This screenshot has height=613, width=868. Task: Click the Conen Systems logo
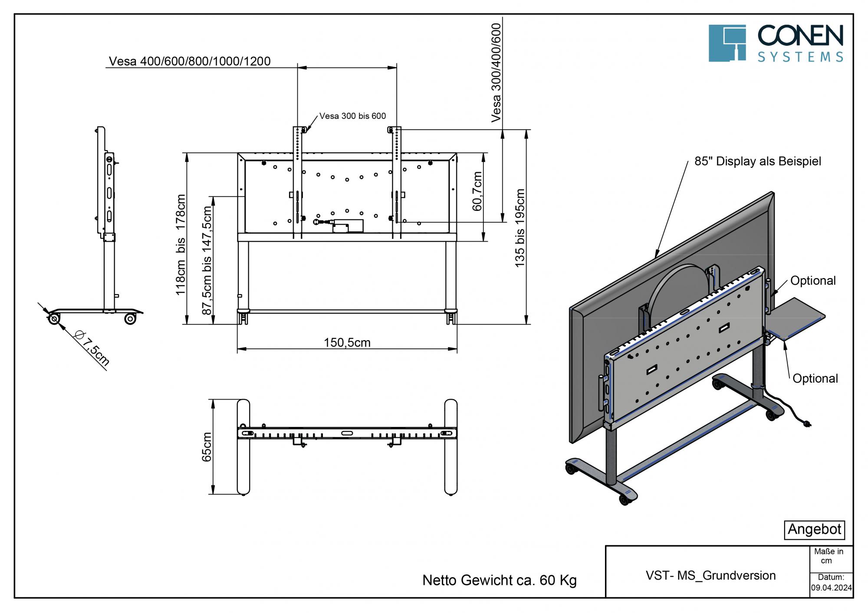(776, 43)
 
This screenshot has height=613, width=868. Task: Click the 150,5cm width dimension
(347, 343)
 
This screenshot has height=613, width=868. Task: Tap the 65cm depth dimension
(207, 447)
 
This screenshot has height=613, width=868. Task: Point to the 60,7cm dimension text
(477, 191)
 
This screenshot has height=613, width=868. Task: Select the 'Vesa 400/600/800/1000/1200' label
(190, 61)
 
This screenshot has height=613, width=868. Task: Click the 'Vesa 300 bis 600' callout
(352, 116)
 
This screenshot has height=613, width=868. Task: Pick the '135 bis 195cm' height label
(519, 228)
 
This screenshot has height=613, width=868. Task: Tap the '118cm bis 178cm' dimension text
(181, 245)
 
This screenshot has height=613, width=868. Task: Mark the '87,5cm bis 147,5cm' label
(207, 260)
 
